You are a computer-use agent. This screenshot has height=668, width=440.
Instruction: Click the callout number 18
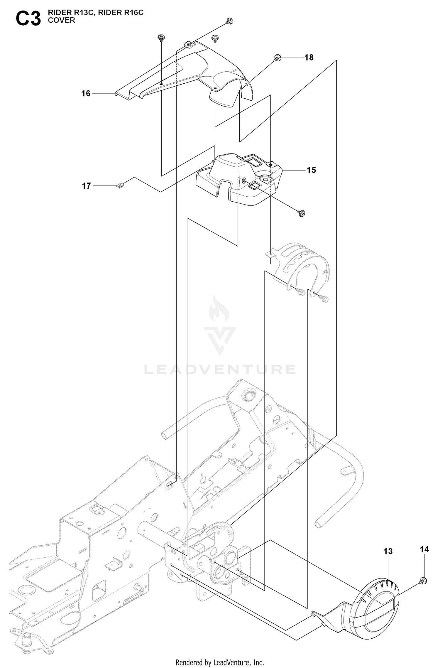point(309,58)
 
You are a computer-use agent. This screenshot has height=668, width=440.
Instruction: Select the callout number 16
point(86,93)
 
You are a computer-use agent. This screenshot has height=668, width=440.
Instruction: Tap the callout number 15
point(311,170)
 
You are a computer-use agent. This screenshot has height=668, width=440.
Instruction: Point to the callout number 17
point(86,186)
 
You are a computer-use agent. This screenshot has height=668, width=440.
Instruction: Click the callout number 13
point(388,551)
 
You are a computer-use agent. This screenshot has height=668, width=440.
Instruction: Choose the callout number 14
point(424,549)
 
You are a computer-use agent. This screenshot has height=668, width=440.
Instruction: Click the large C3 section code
point(28,19)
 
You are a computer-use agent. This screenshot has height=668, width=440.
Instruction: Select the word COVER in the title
point(62,20)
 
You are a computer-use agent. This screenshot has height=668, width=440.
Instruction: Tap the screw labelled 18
point(277,58)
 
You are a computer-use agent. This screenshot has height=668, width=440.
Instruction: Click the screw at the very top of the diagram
point(230,21)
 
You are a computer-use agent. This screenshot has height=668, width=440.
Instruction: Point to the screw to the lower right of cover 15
point(302,213)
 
